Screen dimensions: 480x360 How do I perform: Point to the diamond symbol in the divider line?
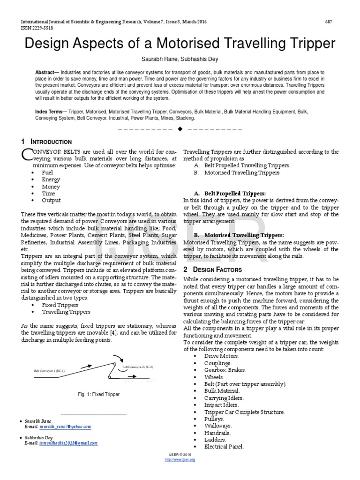(x=180, y=128)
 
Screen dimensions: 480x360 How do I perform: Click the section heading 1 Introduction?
(x=46, y=142)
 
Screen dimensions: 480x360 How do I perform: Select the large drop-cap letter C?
(x=27, y=154)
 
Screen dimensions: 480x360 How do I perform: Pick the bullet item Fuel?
(x=48, y=172)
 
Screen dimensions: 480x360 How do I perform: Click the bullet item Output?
(x=51, y=200)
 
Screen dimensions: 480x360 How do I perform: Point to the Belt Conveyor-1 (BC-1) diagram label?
(x=49, y=370)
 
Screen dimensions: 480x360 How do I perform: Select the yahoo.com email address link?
(x=66, y=427)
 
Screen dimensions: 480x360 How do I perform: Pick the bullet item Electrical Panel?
(x=224, y=447)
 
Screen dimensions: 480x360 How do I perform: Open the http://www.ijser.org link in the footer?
(x=180, y=460)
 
